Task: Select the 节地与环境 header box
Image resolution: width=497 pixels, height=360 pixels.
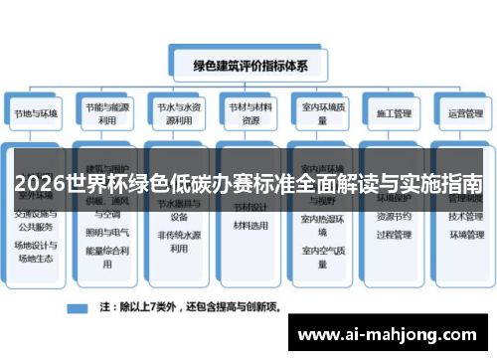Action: (x=37, y=112)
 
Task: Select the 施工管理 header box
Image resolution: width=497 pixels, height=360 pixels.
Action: (x=391, y=112)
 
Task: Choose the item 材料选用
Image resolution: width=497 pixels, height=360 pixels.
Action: (x=249, y=226)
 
